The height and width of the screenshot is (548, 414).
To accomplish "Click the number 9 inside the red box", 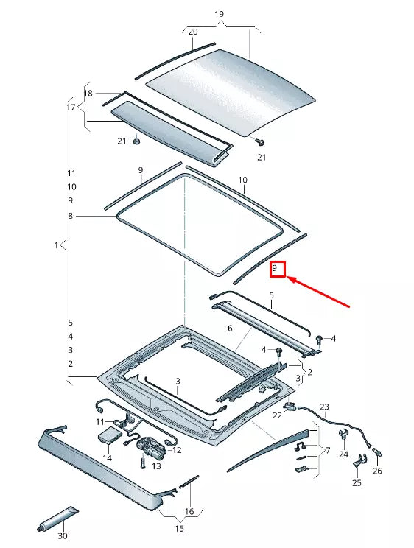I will click(x=275, y=270).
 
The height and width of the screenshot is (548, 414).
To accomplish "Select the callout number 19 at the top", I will click(x=219, y=14).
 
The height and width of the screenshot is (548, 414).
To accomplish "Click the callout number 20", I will click(x=193, y=32).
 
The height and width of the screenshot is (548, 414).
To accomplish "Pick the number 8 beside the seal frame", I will click(x=71, y=216).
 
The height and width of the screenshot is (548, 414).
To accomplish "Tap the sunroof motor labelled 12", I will click(x=152, y=447).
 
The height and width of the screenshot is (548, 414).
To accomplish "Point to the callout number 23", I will click(x=324, y=407).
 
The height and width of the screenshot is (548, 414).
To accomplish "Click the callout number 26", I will click(x=378, y=471).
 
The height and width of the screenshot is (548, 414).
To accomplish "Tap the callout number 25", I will click(x=357, y=483).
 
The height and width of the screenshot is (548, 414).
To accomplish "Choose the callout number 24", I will click(x=343, y=454).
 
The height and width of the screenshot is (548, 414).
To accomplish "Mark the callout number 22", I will click(x=277, y=415).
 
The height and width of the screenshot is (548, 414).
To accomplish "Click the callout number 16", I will click(x=189, y=511).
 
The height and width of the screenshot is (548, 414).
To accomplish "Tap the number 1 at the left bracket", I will click(x=57, y=245).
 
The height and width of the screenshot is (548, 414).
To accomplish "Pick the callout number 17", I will click(x=71, y=108).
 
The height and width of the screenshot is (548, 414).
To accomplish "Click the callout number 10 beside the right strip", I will click(x=242, y=180).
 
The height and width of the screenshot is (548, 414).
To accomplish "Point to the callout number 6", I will click(x=230, y=329).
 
